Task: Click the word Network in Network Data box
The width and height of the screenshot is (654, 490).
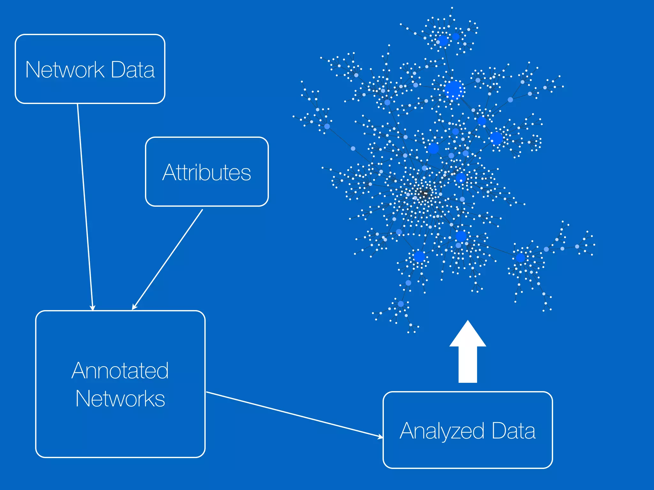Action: click(x=65, y=70)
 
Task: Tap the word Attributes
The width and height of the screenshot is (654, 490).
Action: click(x=207, y=172)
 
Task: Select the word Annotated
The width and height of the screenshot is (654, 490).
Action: click(x=120, y=371)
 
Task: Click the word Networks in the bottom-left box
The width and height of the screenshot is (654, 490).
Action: click(x=120, y=399)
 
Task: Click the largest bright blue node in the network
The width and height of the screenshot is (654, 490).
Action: click(x=453, y=90)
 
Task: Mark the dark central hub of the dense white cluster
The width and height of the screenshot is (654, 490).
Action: click(x=424, y=193)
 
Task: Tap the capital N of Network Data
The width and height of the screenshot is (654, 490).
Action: click(x=33, y=70)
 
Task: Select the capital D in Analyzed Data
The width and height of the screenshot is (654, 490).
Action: click(x=498, y=431)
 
